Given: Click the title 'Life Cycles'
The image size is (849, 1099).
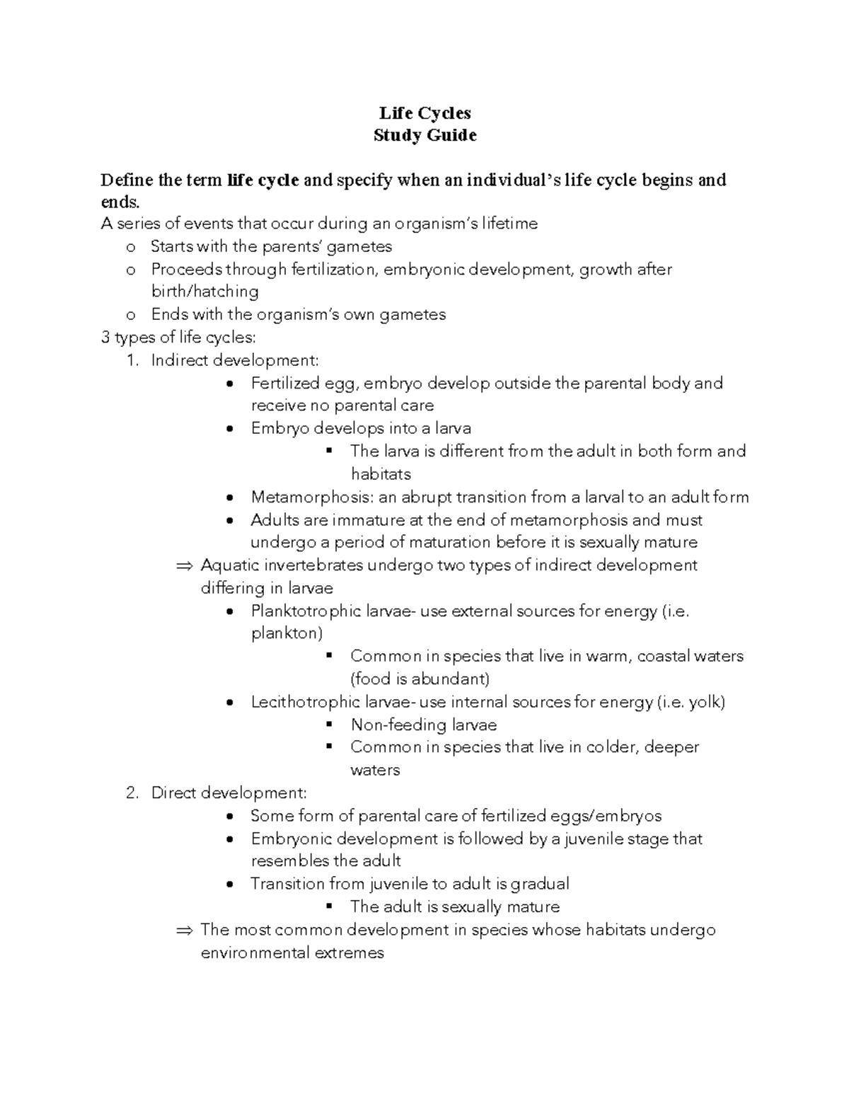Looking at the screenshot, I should tap(424, 113).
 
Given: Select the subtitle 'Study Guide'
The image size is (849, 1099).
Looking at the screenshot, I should tap(424, 135).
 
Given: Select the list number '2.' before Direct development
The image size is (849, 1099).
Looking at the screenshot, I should tap(132, 793).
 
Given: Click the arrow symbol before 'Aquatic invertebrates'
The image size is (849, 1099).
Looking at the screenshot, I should tap(184, 565).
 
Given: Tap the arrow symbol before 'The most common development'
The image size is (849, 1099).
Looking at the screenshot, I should tap(184, 930).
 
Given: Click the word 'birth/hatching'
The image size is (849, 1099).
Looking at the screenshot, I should tap(204, 292).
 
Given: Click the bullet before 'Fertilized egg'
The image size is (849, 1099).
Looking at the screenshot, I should tap(229, 384).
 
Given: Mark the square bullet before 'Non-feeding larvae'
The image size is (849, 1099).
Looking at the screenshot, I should tap(328, 725).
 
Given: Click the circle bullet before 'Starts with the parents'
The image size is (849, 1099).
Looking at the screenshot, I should tap(129, 247).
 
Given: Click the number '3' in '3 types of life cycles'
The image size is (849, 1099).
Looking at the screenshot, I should tap(105, 338).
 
